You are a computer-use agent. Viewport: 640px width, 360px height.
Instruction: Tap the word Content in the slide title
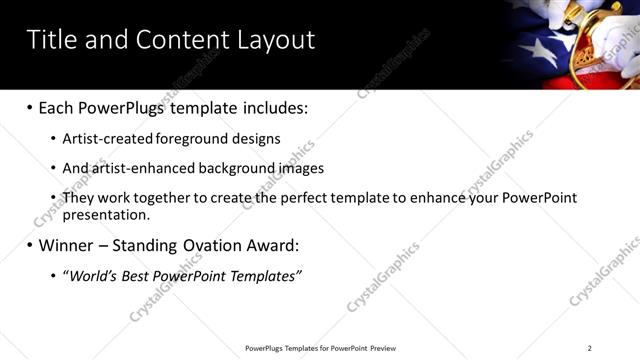tap(177, 40)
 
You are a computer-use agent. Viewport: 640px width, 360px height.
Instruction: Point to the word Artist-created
tap(101, 139)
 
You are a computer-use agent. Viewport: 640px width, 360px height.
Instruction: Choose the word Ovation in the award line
tap(195, 245)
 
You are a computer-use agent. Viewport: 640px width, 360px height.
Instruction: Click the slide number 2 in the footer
tap(589, 348)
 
